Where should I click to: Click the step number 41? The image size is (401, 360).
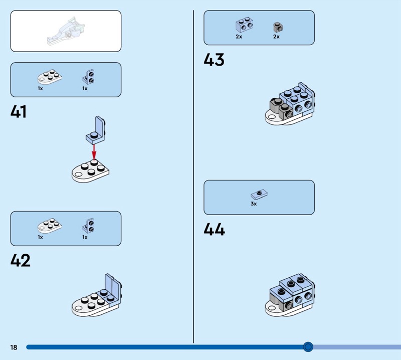tap(19, 112)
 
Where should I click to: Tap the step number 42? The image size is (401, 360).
tap(21, 260)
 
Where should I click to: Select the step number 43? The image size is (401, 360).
tap(214, 60)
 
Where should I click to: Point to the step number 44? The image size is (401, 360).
tap(215, 229)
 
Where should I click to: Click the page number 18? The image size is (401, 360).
tap(14, 347)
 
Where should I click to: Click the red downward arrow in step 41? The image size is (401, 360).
tap(94, 152)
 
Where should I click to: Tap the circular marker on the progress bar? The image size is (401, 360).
tap(308, 346)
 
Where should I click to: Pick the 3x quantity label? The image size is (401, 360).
tap(254, 204)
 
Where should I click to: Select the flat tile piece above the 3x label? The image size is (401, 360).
tap(259, 195)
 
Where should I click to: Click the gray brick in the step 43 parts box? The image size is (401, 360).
tap(278, 27)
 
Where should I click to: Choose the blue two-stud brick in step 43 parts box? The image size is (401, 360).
tap(244, 25)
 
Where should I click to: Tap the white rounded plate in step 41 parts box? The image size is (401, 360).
tap(50, 77)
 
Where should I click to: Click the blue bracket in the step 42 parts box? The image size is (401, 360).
tap(89, 226)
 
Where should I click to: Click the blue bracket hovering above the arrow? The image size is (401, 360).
tap(95, 130)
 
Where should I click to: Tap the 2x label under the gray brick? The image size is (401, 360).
tap(277, 37)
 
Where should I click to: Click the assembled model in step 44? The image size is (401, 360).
tap(290, 295)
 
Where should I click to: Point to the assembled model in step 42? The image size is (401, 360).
tap(97, 295)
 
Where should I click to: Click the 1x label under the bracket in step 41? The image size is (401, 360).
tap(85, 88)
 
